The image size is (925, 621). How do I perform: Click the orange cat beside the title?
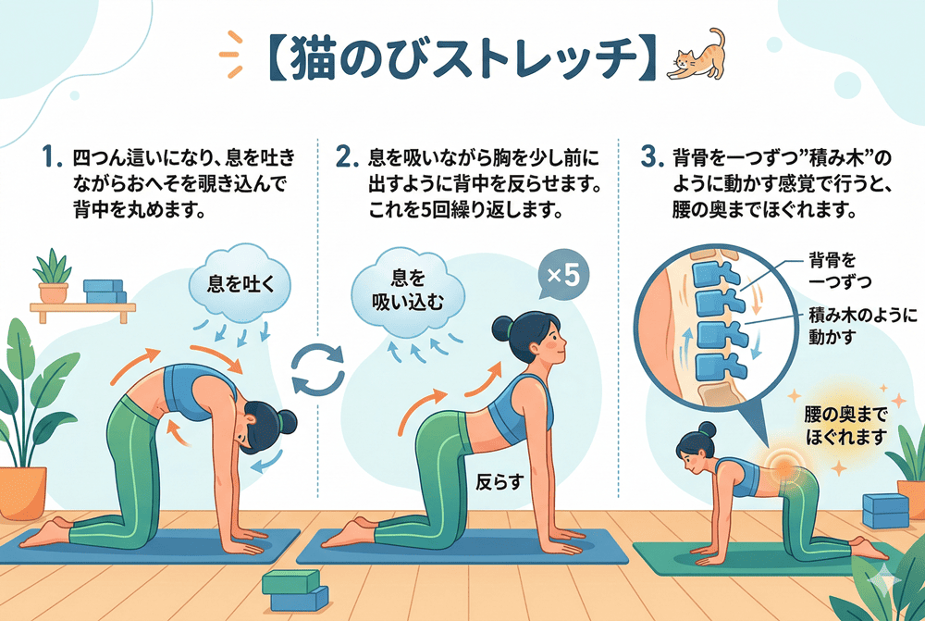tap(697, 56)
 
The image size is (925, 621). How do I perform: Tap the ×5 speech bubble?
tap(563, 275)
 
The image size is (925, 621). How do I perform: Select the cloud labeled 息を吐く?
tap(240, 283)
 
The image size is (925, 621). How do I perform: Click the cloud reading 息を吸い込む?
tap(408, 291)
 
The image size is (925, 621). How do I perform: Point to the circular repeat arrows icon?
tap(318, 369)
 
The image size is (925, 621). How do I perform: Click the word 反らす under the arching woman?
tap(499, 482)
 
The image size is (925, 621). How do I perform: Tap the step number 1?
tap(51, 157)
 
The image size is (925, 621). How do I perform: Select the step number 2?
tap(347, 157)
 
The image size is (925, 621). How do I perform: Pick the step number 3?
tap(652, 157)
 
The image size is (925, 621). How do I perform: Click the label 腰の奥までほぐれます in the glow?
tap(846, 427)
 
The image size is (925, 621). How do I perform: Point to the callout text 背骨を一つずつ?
tap(840, 270)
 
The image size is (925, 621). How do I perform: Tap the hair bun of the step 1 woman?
tap(288, 421)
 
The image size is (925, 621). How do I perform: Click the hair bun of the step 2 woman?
tap(502, 327)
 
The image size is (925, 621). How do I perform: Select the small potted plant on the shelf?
tap(53, 277)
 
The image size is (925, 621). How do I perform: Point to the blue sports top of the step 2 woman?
tap(519, 408)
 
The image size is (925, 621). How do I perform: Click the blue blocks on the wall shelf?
tap(105, 292)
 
